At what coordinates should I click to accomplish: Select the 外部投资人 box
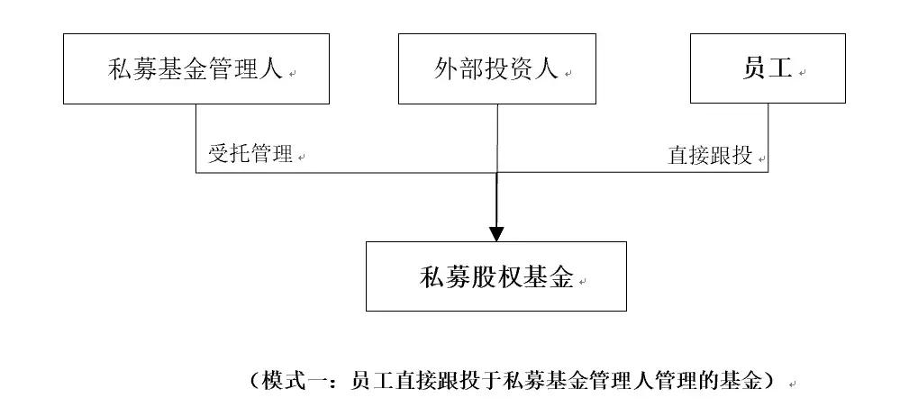[497, 68]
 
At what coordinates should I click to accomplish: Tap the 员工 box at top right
[768, 68]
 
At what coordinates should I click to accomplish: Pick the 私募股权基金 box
[495, 276]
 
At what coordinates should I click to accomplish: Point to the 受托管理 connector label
[251, 154]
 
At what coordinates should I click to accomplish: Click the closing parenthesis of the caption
[768, 381]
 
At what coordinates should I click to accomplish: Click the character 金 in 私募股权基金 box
[562, 276]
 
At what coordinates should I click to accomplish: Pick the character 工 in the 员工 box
[780, 69]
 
